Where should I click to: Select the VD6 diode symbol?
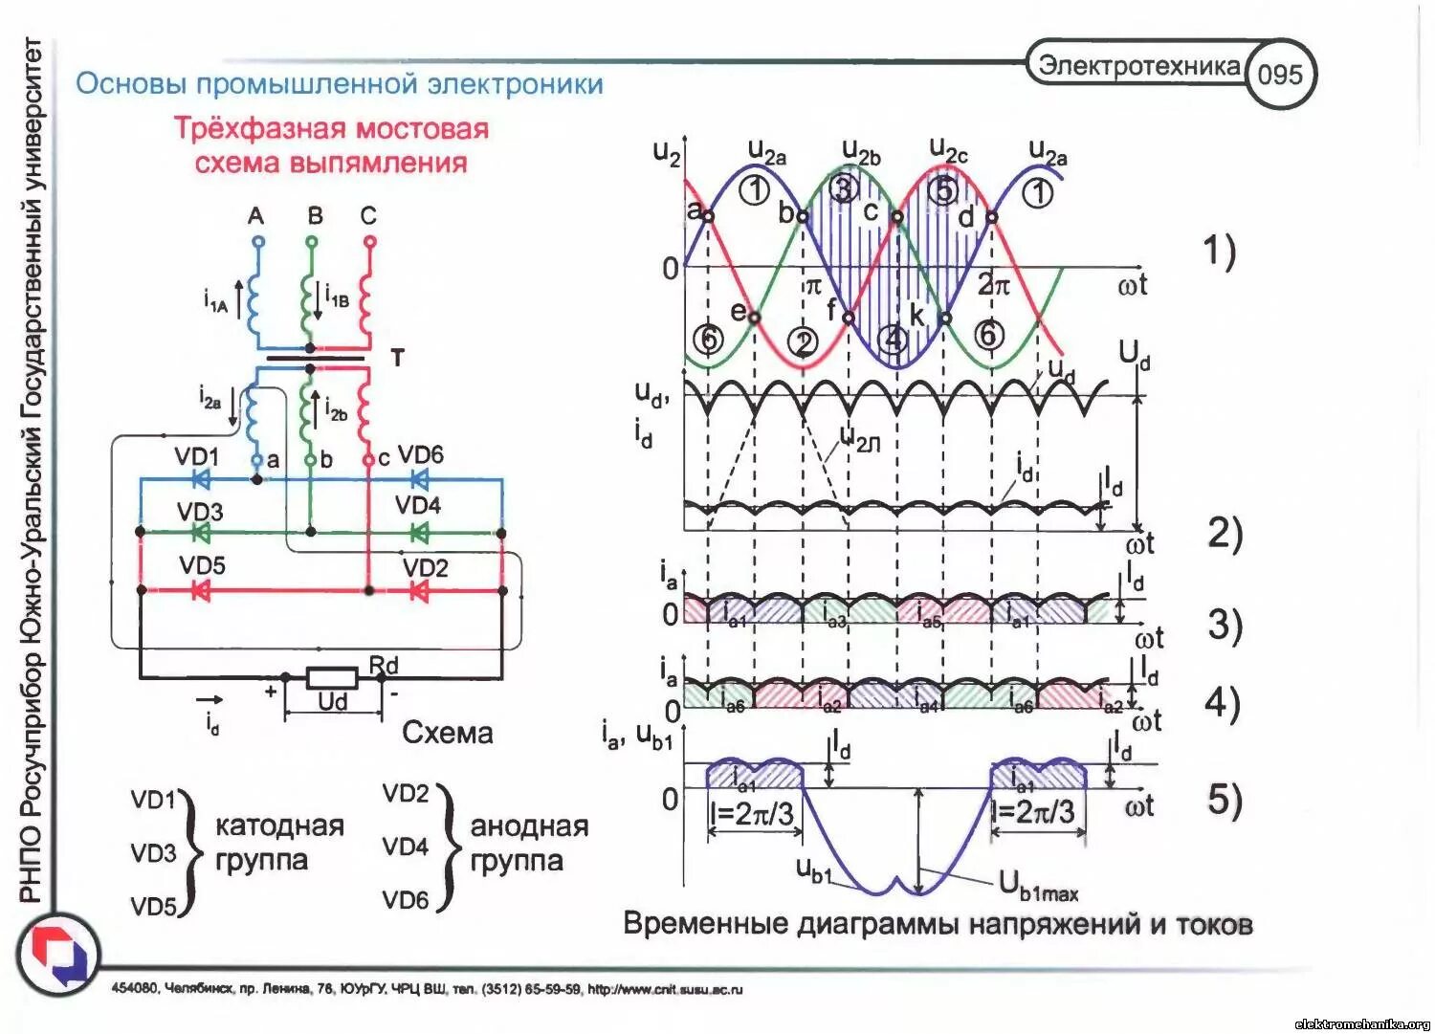(x=418, y=478)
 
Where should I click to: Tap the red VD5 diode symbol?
(x=201, y=591)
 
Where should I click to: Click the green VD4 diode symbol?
(x=418, y=533)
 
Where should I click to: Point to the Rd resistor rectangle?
(x=331, y=679)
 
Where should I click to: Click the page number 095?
(x=1280, y=75)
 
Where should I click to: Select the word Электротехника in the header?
(x=1139, y=65)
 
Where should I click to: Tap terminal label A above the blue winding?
(x=255, y=216)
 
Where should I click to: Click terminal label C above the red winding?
(x=369, y=216)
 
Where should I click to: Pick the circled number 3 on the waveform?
(x=842, y=188)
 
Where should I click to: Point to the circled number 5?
(x=943, y=190)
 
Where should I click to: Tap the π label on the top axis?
(x=811, y=285)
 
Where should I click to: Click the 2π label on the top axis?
(x=993, y=285)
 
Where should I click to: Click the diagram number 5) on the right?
(x=1224, y=799)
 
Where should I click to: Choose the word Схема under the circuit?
(x=448, y=733)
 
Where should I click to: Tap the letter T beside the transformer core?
(x=397, y=358)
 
